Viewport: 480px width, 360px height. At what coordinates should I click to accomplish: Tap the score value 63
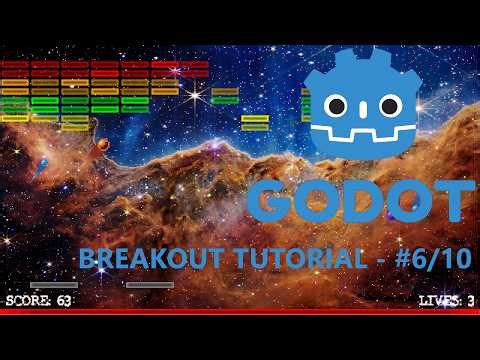click(64, 300)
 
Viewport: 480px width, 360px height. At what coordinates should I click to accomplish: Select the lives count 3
click(470, 300)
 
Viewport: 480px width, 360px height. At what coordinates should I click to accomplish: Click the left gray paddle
click(54, 285)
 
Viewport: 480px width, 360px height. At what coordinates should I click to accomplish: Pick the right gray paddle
click(150, 285)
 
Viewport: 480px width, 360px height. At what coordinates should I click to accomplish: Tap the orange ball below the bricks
click(101, 149)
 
